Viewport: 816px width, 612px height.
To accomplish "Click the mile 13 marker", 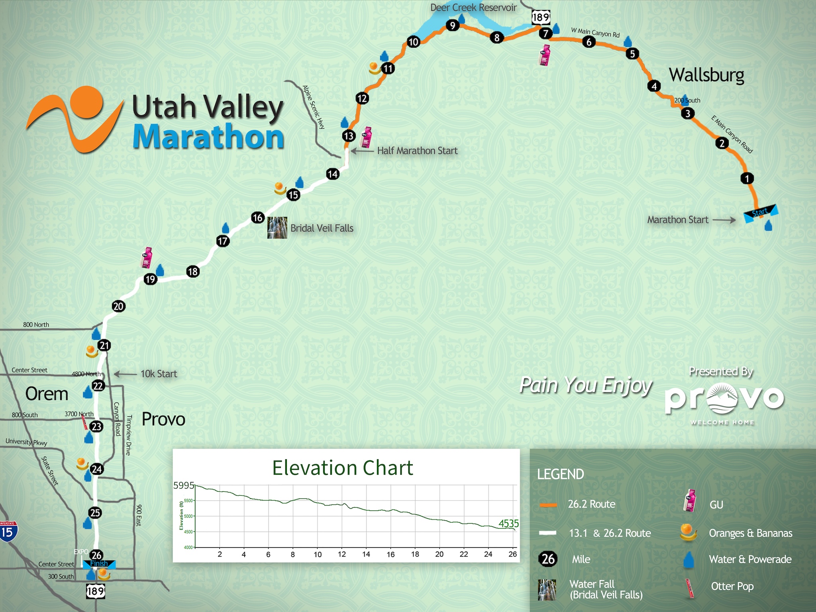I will (349, 136).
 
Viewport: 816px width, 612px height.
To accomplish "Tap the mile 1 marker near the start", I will (747, 178).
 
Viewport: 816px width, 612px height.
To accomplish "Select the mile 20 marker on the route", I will (118, 306).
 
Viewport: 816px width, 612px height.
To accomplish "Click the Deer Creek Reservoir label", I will (473, 8).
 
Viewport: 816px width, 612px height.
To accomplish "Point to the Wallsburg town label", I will (706, 75).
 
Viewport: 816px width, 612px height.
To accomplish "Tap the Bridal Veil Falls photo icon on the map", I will (277, 228).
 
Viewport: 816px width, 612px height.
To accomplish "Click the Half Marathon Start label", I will (417, 151).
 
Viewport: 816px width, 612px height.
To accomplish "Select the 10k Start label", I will (159, 374).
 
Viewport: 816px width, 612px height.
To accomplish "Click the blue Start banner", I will (760, 213).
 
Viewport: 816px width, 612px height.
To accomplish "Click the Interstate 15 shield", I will (8, 532).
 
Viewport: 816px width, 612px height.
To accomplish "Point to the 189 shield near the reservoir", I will (541, 17).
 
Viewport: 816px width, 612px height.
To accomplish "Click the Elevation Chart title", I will (343, 468).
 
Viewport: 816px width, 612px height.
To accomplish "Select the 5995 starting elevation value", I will (184, 485).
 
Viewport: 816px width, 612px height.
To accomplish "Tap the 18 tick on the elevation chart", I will (415, 554).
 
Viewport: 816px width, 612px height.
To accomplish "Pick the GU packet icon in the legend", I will (690, 501).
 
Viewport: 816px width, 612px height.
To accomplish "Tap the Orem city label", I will (47, 394).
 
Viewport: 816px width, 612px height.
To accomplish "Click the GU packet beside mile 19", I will (147, 257).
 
